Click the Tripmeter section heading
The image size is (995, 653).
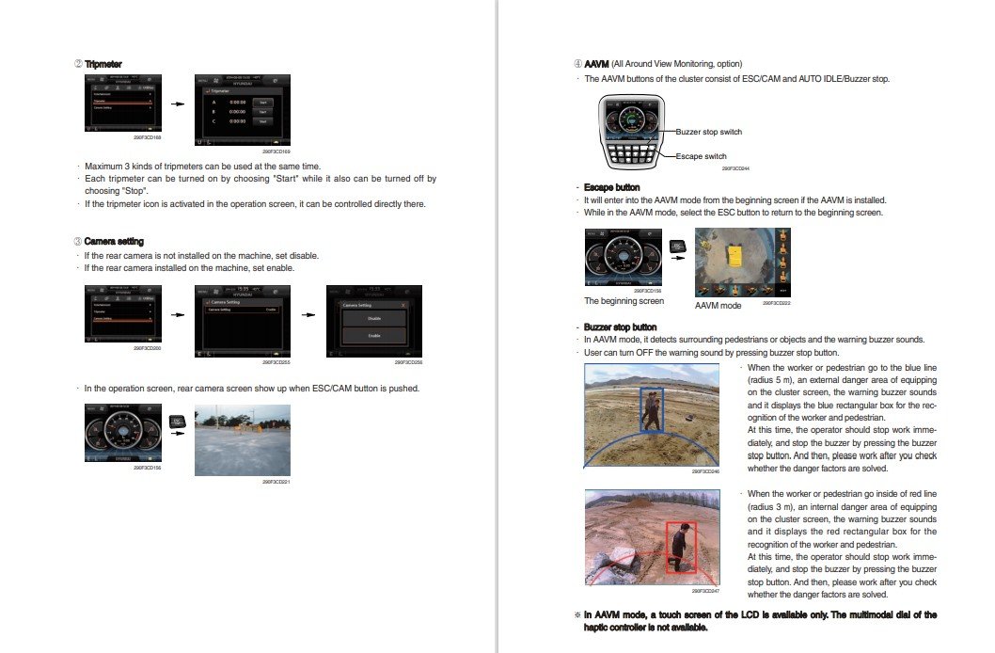click(x=103, y=64)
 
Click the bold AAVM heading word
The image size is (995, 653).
click(x=596, y=64)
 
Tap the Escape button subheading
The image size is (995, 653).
click(x=613, y=187)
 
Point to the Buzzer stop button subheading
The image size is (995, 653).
click(x=621, y=326)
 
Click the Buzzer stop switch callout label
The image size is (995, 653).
click(x=708, y=133)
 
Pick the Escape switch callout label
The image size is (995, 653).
click(x=701, y=156)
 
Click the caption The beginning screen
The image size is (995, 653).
click(x=624, y=301)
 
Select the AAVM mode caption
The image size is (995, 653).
click(x=718, y=306)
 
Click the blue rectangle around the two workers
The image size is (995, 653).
click(x=651, y=409)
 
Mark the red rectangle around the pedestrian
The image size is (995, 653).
click(x=680, y=548)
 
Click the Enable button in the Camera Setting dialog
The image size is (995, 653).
click(x=373, y=335)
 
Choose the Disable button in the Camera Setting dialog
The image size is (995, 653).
click(x=373, y=318)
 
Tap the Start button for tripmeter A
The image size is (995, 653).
click(x=263, y=101)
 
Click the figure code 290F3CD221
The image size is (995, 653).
click(x=278, y=482)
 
